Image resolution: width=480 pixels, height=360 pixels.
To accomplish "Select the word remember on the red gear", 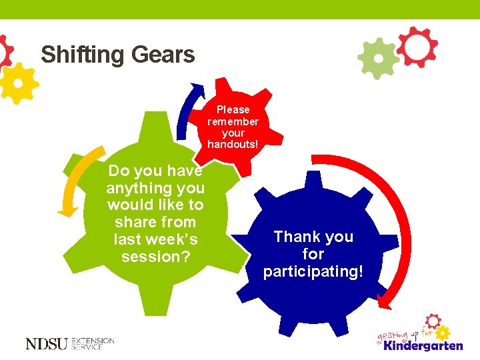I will click(x=233, y=121).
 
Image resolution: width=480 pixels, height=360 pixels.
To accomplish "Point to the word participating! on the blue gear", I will click(x=313, y=271).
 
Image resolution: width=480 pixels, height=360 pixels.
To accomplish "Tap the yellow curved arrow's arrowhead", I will click(x=66, y=211).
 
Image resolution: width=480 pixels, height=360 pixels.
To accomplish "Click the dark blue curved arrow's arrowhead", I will click(x=198, y=89).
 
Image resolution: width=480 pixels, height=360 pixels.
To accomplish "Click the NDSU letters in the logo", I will click(x=47, y=344).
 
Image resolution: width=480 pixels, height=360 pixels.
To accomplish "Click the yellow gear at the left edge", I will click(x=18, y=83).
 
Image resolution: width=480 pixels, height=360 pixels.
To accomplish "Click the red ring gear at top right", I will click(x=418, y=47).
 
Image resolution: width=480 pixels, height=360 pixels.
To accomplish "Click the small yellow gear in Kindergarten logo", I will click(x=443, y=331).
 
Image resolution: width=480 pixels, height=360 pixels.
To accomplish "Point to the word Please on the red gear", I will click(x=233, y=109).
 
